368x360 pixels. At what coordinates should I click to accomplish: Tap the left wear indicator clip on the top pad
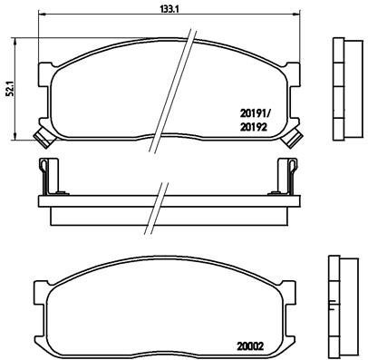(x=40, y=138)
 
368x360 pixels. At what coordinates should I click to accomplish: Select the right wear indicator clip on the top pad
(x=292, y=138)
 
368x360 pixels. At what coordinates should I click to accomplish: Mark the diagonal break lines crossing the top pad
(x=185, y=82)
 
